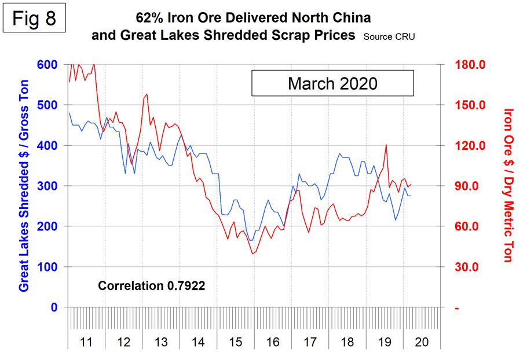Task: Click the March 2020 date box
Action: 332,83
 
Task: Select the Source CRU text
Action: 389,36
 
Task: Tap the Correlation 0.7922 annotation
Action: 152,285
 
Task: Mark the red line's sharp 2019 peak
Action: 386,145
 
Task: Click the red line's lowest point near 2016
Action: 252,254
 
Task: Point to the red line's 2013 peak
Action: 147,94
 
